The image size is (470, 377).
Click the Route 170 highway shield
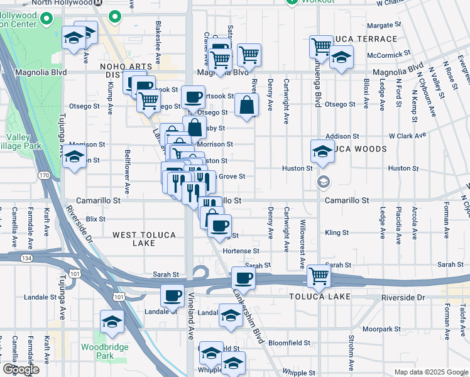click(x=43, y=175)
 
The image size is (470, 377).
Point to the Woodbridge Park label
click(x=105, y=351)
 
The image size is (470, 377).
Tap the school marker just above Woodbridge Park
click(x=112, y=322)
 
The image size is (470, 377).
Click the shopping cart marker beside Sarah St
click(x=319, y=275)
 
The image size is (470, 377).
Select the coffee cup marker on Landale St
click(x=172, y=295)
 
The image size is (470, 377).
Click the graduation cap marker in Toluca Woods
click(x=322, y=151)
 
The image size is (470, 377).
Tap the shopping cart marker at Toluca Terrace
click(x=322, y=46)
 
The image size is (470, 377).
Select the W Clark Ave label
click(x=407, y=135)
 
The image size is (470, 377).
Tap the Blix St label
click(x=96, y=219)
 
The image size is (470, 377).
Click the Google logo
click(x=21, y=369)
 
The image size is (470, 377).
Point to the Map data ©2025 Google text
click(x=430, y=372)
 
